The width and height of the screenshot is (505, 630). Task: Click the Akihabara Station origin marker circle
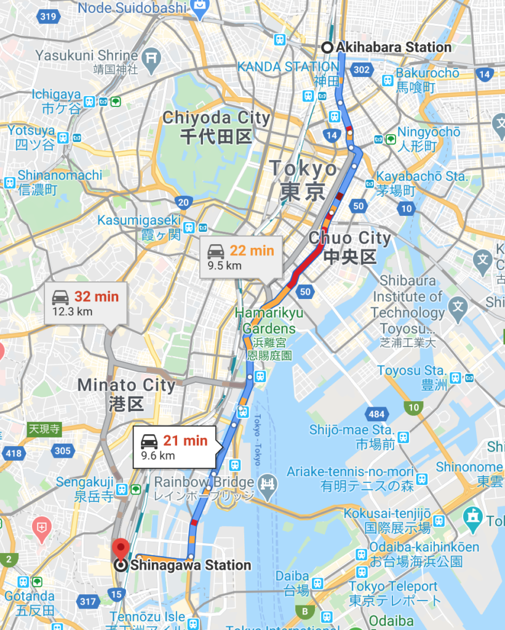327,47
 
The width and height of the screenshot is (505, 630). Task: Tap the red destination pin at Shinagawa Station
120,546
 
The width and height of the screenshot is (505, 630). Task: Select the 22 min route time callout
241,257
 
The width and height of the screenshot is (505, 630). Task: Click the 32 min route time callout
85,303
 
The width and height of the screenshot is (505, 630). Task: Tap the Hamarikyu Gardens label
264,321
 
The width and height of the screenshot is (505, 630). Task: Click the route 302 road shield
362,70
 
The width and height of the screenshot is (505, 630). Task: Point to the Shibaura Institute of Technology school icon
458,305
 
